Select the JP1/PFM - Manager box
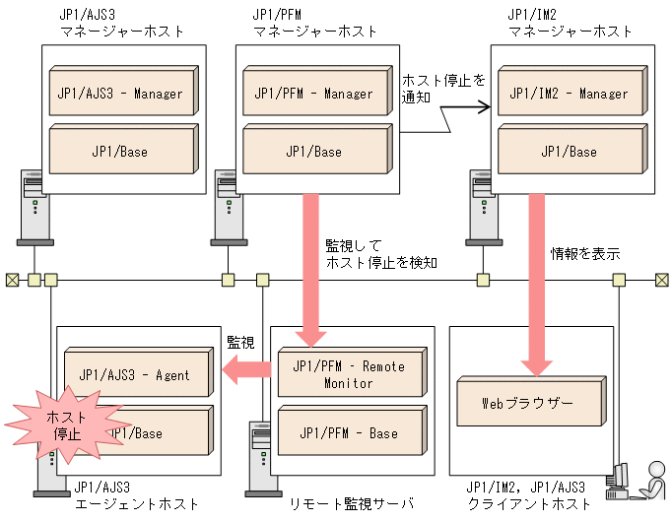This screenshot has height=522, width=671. click(x=312, y=93)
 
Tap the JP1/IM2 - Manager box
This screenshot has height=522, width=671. click(x=569, y=93)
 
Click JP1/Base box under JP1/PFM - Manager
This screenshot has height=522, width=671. click(x=312, y=151)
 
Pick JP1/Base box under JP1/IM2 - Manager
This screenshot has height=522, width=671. click(x=569, y=151)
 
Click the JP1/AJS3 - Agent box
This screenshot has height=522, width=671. click(x=138, y=374)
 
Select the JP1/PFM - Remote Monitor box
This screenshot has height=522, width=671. click(x=350, y=373)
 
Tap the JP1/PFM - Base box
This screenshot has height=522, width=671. click(x=350, y=432)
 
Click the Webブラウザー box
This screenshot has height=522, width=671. click(x=529, y=403)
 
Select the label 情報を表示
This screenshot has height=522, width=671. click(x=584, y=253)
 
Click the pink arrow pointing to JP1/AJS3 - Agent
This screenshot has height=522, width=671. click(x=246, y=369)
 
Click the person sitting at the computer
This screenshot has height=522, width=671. click(x=650, y=481)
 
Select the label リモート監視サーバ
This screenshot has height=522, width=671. click(x=350, y=503)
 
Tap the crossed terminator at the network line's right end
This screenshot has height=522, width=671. click(x=662, y=280)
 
